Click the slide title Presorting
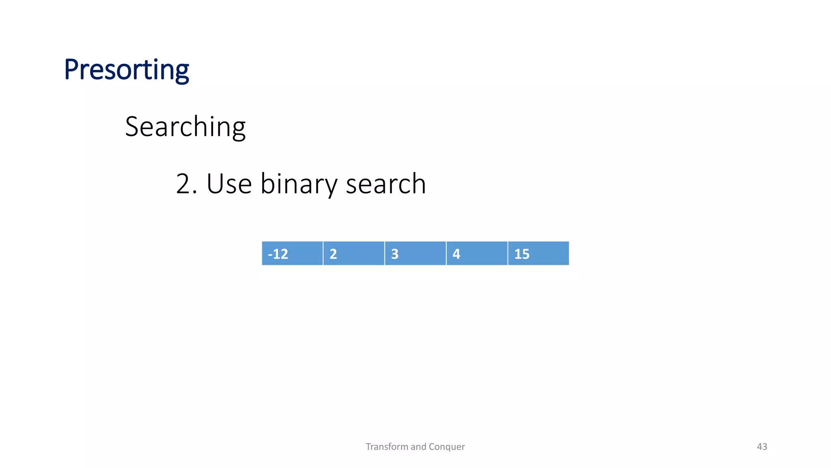[x=126, y=70]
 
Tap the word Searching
[x=185, y=127]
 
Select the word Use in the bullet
[x=229, y=184]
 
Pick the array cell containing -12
[x=292, y=253]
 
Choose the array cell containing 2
[x=353, y=253]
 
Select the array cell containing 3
[x=415, y=253]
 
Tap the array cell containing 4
[x=477, y=253]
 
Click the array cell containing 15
[x=538, y=253]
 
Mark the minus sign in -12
[x=270, y=255]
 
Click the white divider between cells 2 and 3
[x=385, y=253]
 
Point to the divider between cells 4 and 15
[x=508, y=253]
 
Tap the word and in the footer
[x=418, y=447]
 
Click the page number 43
[x=762, y=447]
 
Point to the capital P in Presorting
[x=71, y=70]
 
